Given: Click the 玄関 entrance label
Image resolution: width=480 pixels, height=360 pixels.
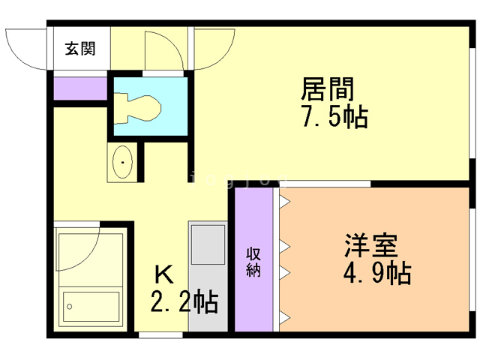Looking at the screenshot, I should coord(79,49).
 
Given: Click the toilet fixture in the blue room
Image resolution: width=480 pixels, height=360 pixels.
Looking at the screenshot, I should coord(142,107).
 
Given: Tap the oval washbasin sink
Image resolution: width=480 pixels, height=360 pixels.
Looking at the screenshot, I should coord(123,162).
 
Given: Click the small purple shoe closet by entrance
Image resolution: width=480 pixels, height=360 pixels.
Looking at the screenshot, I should coord(80,88).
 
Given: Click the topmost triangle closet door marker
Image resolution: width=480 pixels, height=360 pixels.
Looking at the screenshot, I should coord(284,202).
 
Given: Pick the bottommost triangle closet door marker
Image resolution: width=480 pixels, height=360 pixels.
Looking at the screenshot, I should coord(284,316).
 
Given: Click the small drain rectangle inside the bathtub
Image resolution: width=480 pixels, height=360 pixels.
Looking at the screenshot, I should coord(70,305).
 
